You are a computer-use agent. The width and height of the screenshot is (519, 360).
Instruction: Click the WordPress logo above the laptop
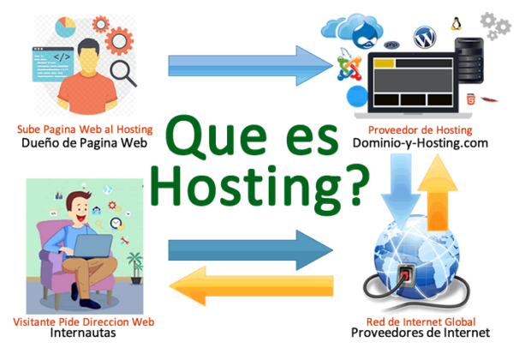(x=424, y=37)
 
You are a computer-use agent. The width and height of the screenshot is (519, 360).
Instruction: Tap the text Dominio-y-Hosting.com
(x=419, y=144)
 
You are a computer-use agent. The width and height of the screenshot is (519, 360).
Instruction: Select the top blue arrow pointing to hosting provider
(x=249, y=63)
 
